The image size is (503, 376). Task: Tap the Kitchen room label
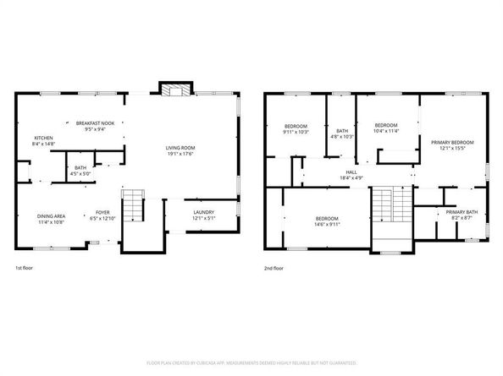[43, 138]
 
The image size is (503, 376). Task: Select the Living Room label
[181, 148]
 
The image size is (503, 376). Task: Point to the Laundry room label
[203, 212]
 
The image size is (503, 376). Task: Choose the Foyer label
[102, 212]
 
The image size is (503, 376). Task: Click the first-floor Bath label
[80, 168]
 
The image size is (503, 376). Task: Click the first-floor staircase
[133, 205]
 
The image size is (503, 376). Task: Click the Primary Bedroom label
[452, 142]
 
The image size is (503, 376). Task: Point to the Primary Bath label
[462, 212]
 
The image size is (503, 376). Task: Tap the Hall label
[351, 172]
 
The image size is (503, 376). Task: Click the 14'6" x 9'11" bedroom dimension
[326, 225]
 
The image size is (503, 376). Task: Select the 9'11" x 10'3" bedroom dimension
[296, 131]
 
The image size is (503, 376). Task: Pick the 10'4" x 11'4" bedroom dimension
[386, 131]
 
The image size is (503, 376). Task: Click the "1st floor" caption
[25, 268]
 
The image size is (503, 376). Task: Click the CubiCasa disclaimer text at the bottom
[251, 362]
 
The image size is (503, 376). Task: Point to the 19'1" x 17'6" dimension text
[181, 154]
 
